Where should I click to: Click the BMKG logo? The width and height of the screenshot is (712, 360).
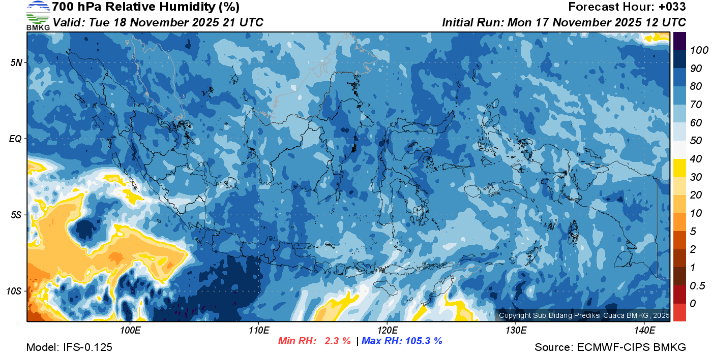click(38, 16)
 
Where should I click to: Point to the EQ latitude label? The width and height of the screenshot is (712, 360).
click(15, 139)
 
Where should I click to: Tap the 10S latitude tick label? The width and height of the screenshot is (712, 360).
click(15, 291)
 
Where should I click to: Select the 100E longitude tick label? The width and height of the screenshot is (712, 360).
click(130, 331)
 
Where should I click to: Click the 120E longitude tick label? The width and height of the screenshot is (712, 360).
click(387, 331)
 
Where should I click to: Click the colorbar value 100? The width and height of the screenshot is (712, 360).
click(696, 50)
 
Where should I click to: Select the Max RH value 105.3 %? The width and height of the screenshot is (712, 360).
click(423, 341)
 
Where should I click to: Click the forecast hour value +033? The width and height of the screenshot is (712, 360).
click(672, 7)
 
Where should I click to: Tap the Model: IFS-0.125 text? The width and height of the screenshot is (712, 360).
click(69, 347)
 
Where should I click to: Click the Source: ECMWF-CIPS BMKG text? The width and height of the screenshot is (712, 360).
click(610, 347)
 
